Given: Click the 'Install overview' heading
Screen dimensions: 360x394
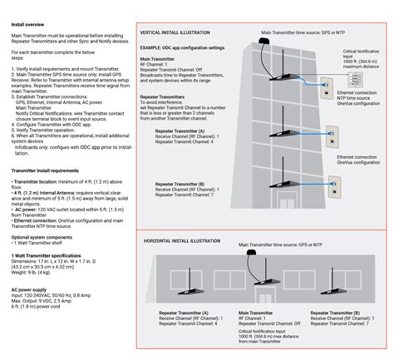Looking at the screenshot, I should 29,24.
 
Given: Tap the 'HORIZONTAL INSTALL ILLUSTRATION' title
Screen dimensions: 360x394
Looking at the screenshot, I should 185,240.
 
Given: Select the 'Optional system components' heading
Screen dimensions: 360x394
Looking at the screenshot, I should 43,237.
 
